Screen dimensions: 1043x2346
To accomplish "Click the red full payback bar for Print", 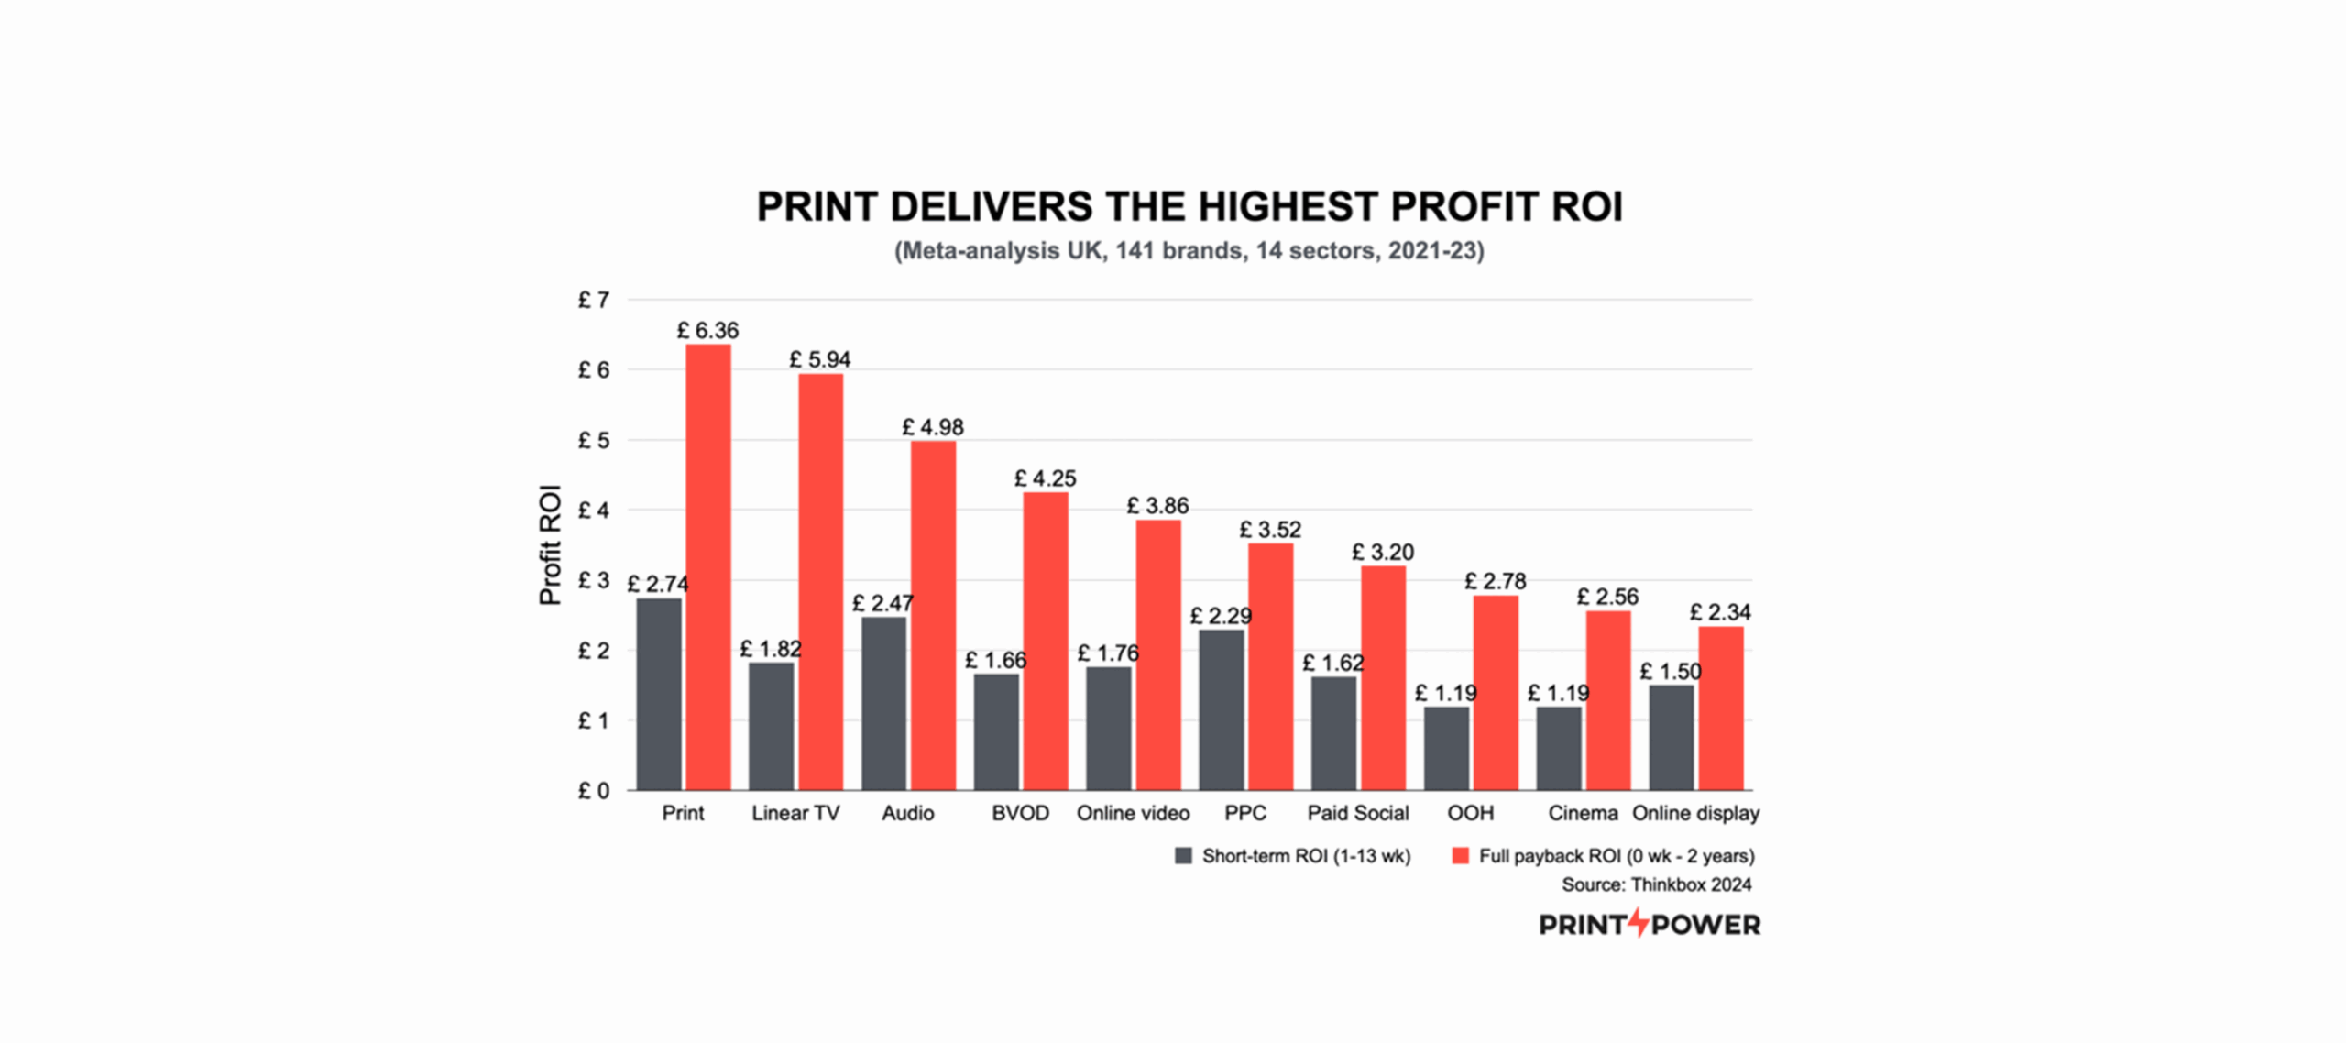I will click(708, 567).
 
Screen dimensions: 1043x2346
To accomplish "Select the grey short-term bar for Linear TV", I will click(771, 726).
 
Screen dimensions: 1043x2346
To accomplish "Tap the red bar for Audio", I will click(933, 615).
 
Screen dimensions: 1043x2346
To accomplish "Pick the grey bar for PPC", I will click(1221, 709).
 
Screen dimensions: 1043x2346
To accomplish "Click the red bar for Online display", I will click(1721, 708).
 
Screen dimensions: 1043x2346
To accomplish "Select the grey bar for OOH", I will click(1446, 748).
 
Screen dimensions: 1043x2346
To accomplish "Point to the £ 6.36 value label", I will click(707, 330).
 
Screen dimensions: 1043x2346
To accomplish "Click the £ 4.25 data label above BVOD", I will click(1045, 478).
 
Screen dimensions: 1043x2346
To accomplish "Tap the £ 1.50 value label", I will click(1670, 672).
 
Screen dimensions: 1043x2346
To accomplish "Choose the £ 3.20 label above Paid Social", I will click(1383, 552).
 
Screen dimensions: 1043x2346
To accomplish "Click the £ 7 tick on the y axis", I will click(593, 300).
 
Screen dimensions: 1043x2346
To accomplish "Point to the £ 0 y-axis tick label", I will click(593, 791).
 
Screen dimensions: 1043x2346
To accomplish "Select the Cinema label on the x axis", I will click(1583, 813).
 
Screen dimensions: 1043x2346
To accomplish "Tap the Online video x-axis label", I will click(1133, 813).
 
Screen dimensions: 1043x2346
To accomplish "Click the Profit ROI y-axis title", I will click(550, 544).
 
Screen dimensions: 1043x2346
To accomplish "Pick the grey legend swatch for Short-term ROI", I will click(1183, 856).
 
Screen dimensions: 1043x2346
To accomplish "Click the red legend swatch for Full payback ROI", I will click(1461, 856).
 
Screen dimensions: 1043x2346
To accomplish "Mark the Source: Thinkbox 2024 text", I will click(1656, 884).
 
